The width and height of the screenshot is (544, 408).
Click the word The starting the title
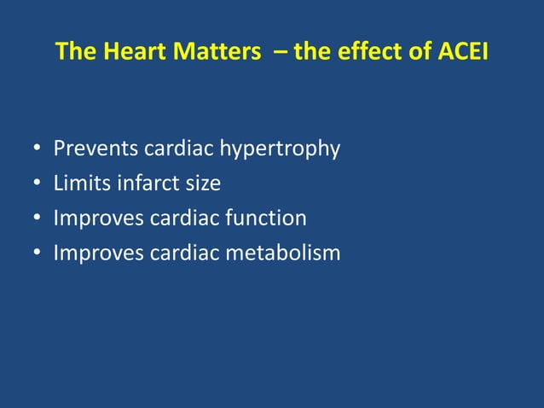pyautogui.click(x=77, y=53)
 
